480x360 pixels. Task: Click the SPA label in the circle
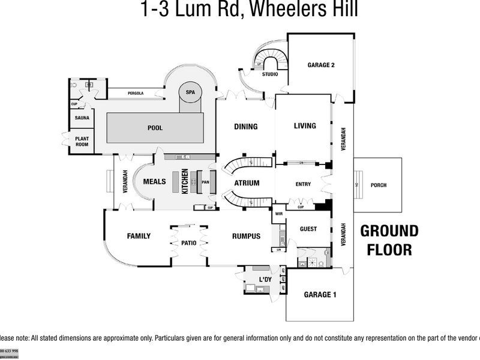tap(191, 92)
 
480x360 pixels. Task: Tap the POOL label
tap(155, 128)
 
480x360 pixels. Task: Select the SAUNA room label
tap(82, 118)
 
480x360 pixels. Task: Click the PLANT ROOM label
tap(82, 141)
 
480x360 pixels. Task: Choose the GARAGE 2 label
tap(321, 65)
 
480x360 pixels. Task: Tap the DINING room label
tap(246, 127)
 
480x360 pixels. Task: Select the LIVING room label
tap(304, 126)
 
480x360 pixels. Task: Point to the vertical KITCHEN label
tap(185, 181)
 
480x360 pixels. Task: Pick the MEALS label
tap(154, 181)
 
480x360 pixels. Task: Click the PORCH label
tap(379, 185)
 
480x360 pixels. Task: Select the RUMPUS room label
tap(246, 236)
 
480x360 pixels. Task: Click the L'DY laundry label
tap(266, 281)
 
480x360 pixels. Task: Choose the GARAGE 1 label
tap(320, 295)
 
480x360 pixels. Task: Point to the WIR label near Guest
tap(279, 214)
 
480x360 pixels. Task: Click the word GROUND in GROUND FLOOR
tap(389, 231)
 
